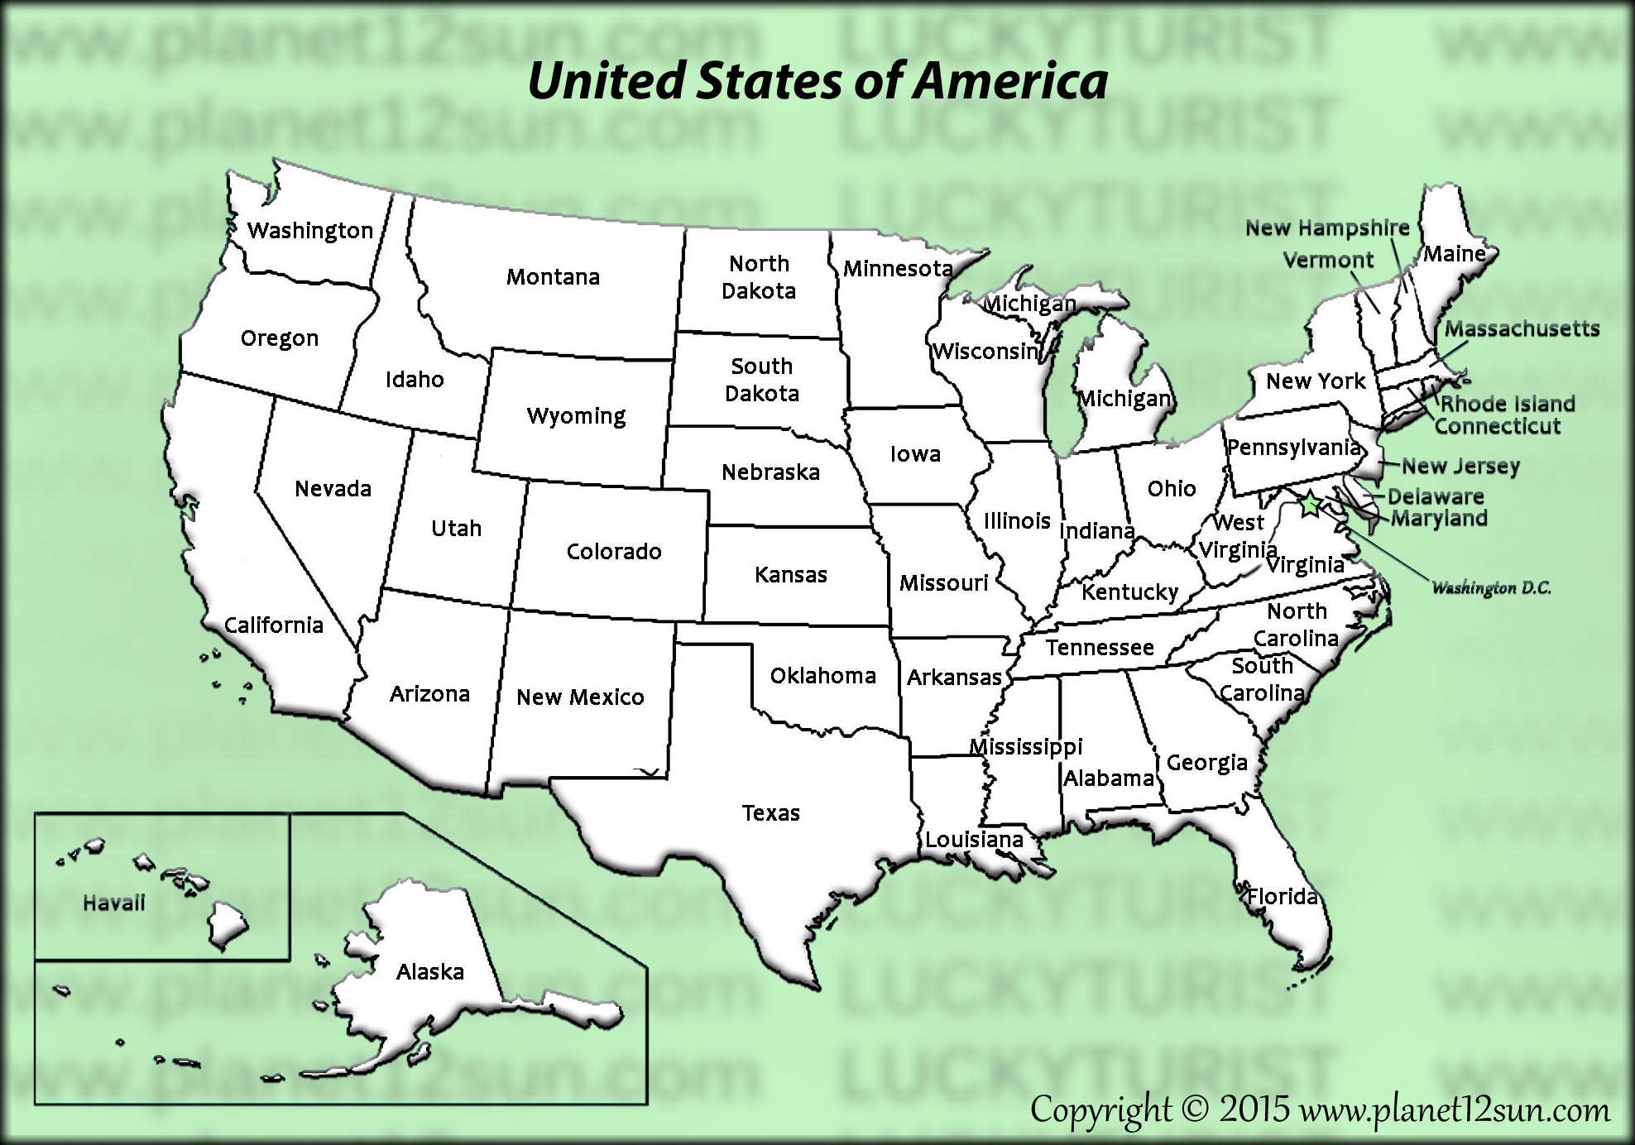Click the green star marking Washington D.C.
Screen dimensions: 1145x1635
tap(1310, 503)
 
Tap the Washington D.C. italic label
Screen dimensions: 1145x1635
tap(1491, 588)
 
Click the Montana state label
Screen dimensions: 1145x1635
tap(553, 276)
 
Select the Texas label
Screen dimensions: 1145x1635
tap(770, 812)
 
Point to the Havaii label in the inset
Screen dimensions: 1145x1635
tap(113, 903)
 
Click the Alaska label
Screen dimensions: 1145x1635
tap(429, 971)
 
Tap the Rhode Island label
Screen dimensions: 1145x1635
tap(1508, 404)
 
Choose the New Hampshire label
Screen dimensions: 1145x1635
tap(1327, 228)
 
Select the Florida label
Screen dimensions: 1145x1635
tap(1282, 896)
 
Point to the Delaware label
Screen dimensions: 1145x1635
tap(1436, 496)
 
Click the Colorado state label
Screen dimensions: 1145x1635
tap(613, 551)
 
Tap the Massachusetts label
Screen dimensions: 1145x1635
tap(1522, 328)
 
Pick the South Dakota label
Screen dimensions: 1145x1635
tap(761, 379)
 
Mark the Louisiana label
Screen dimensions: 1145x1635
tap(974, 840)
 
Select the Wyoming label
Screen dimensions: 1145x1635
tap(576, 415)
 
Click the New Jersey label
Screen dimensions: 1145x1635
tap(1460, 466)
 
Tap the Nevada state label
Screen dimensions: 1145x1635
tap(333, 488)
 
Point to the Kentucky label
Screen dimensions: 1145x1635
tap(1129, 592)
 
